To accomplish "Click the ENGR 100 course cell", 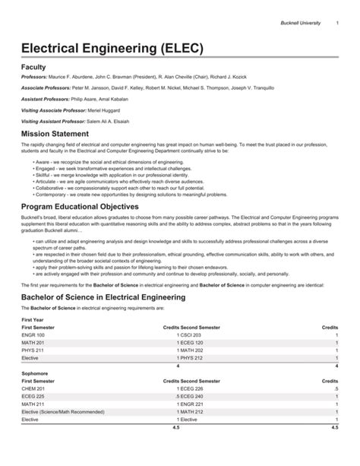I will [x=33, y=334].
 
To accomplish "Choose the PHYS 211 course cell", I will [x=33, y=350].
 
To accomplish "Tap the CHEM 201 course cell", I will [x=34, y=388].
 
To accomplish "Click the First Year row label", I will [x=33, y=321].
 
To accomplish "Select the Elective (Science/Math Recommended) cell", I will [x=62, y=411].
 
